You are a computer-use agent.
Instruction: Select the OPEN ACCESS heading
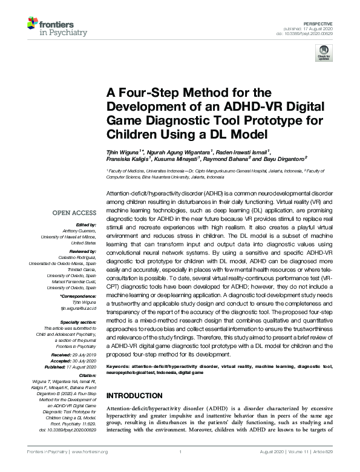[x=74, y=214]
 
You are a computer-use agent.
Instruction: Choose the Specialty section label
[x=79, y=322]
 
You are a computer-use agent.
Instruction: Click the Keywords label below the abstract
[x=120, y=367]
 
